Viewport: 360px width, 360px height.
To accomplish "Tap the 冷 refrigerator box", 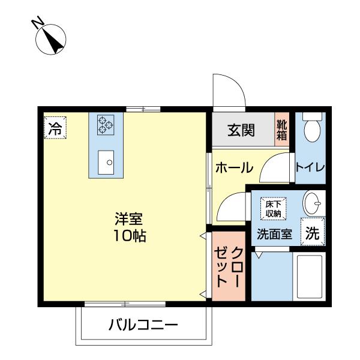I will coord(55,128).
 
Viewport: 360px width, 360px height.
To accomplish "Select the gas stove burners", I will coord(106,124).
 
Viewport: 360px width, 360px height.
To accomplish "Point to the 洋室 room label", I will coord(128,219).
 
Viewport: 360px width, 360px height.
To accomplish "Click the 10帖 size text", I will coord(129,235).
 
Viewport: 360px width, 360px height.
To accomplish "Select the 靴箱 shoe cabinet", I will coord(282,130).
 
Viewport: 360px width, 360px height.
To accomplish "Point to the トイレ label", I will coord(310,168).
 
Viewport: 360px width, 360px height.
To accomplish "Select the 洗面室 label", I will coord(274,235).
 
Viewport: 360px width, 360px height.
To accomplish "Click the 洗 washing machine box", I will coord(312,234).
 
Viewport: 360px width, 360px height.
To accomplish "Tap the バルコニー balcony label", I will coord(143,326).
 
